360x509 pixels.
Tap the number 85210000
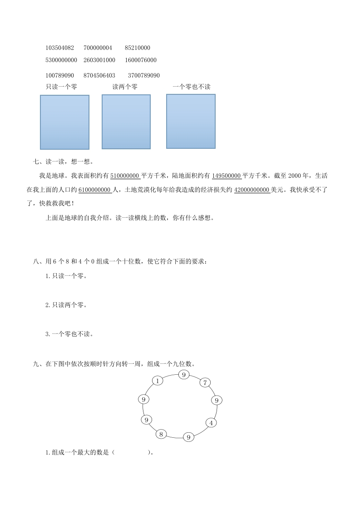point(138,48)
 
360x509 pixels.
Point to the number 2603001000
point(99,60)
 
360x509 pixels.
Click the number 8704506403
point(99,75)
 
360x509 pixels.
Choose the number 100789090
point(59,75)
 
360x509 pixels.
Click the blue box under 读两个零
point(126,122)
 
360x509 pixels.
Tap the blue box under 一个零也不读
point(191,121)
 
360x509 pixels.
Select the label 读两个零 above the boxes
point(125,87)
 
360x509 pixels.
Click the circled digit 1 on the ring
point(157,381)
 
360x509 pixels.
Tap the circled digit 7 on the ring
point(205,382)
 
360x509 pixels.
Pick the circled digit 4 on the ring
point(211,422)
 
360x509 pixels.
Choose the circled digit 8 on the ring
point(161,434)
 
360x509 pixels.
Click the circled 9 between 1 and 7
point(183,374)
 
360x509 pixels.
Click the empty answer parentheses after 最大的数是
point(132,452)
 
